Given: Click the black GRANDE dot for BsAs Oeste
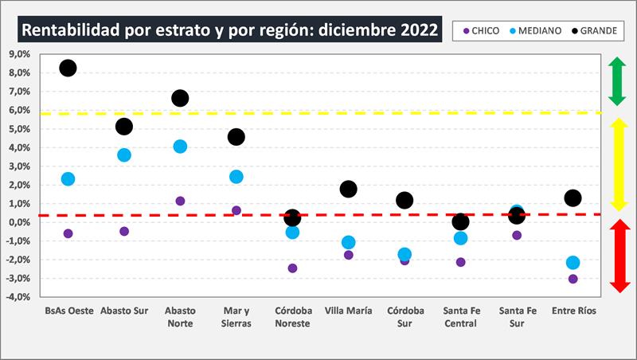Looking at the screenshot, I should (68, 68).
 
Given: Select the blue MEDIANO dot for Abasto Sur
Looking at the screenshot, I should (124, 155).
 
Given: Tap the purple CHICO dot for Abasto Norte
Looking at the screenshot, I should (180, 201).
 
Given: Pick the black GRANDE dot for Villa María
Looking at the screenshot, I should (348, 189).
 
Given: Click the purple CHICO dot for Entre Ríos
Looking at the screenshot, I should (573, 279).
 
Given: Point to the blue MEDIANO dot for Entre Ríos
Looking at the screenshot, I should (573, 263).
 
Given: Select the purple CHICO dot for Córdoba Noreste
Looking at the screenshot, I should (292, 268).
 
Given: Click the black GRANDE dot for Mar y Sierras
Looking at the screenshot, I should (236, 137).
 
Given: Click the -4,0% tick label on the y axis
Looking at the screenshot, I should (18, 297).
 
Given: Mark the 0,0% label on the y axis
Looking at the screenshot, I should (19, 222).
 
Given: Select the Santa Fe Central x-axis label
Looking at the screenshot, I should (460, 317).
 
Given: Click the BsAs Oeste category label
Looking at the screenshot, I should (68, 311).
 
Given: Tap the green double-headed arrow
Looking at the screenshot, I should (617, 81).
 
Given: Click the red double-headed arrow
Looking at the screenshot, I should (618, 256).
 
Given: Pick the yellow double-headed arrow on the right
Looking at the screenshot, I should (618, 165).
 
